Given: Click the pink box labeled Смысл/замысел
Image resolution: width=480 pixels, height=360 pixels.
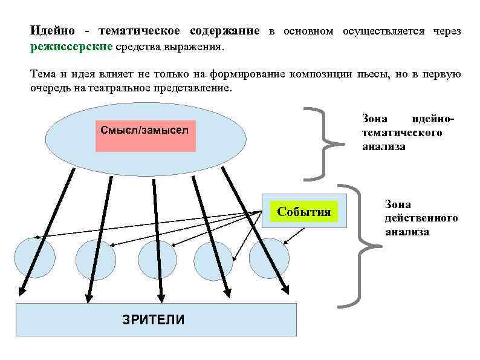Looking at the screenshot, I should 145,131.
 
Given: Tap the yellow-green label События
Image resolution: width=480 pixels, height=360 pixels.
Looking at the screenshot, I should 304,212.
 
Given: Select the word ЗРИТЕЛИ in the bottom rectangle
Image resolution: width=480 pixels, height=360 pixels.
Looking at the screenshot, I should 154,319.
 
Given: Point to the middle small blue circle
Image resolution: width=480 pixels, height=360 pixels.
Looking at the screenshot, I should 157,259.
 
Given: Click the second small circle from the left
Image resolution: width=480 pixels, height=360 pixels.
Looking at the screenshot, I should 96,259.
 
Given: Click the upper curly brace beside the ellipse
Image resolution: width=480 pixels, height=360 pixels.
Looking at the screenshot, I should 325,143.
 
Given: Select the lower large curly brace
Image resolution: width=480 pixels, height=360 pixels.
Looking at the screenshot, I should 361,244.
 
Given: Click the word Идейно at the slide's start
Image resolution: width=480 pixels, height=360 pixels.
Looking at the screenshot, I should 53,31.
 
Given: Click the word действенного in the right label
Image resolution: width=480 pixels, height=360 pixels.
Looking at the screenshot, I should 421,218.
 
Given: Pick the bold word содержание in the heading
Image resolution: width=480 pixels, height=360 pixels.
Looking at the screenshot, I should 224,31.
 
